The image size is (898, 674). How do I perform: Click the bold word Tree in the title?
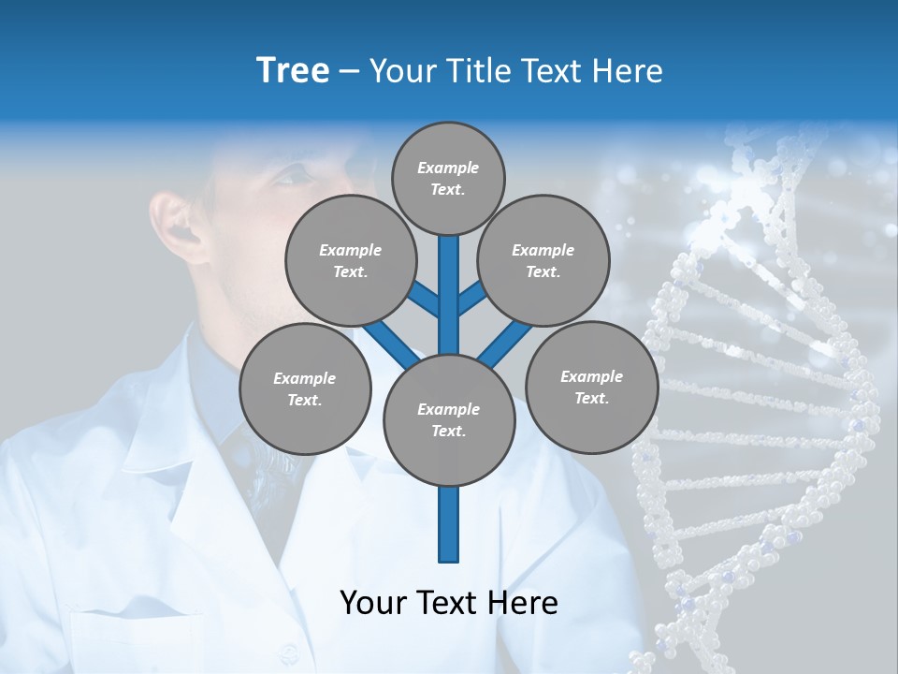tap(293, 71)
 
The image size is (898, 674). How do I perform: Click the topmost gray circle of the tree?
tap(448, 178)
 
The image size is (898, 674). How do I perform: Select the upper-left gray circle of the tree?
tap(350, 260)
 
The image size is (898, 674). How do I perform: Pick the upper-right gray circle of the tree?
tap(543, 260)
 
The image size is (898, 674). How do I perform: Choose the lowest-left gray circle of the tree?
tap(305, 388)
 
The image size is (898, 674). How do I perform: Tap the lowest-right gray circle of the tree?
tap(591, 387)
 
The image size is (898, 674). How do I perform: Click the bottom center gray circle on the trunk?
tap(449, 420)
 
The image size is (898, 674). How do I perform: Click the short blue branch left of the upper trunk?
tap(424, 300)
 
